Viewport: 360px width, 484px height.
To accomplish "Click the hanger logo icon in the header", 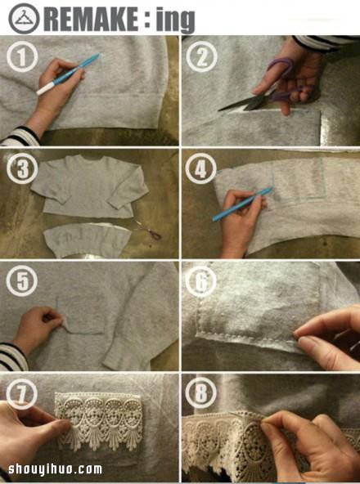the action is coord(24,19).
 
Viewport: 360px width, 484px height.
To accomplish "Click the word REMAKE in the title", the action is coord(91,19).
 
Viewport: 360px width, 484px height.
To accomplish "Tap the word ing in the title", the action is coord(175,20).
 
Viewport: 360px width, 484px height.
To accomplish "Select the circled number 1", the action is coord(22,56).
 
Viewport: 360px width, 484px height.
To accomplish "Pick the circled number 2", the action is coord(201,56).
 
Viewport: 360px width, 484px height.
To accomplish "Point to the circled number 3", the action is coord(22,168).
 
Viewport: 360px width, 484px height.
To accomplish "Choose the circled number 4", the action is coord(200,168).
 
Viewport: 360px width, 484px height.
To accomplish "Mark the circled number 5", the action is coord(21,281).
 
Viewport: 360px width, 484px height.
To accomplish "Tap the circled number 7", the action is coord(21,393).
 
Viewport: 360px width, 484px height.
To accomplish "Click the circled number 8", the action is coord(200,393).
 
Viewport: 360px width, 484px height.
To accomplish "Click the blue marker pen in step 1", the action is coord(68,74).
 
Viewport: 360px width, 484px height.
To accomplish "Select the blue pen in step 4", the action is coord(242,204).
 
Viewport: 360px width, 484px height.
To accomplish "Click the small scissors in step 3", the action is coord(148,231).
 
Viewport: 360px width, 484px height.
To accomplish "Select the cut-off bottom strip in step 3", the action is coord(88,240).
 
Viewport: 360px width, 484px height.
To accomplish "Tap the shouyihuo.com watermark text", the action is coord(56,469).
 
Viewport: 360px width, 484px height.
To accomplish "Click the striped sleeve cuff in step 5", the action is coord(12,357).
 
